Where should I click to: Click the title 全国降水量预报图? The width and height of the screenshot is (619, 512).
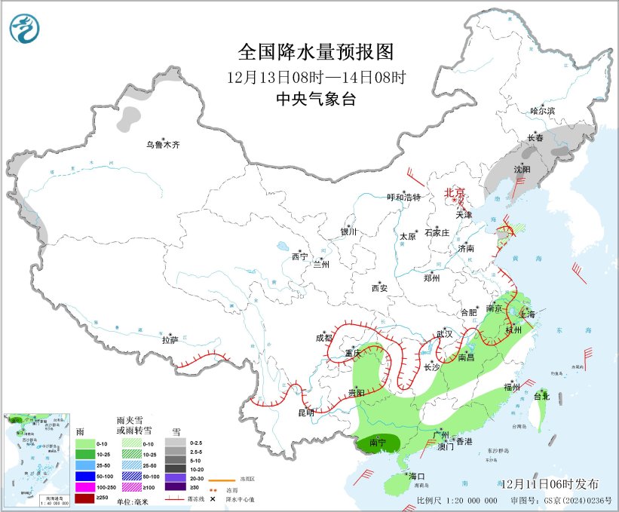tap(316, 52)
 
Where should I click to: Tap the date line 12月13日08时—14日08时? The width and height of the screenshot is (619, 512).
tap(316, 77)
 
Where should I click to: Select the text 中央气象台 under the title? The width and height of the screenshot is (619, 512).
tap(316, 99)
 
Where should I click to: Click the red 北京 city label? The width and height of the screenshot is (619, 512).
tap(455, 193)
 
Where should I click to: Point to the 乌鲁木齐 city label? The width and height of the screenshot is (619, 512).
tap(164, 145)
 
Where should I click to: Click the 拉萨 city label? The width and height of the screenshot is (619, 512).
tap(170, 340)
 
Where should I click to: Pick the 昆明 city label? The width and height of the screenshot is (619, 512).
tap(305, 413)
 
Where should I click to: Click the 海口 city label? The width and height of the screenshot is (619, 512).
tap(418, 477)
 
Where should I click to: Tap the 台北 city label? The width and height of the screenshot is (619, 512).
tap(541, 395)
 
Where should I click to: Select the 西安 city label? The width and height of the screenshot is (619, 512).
tap(380, 288)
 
